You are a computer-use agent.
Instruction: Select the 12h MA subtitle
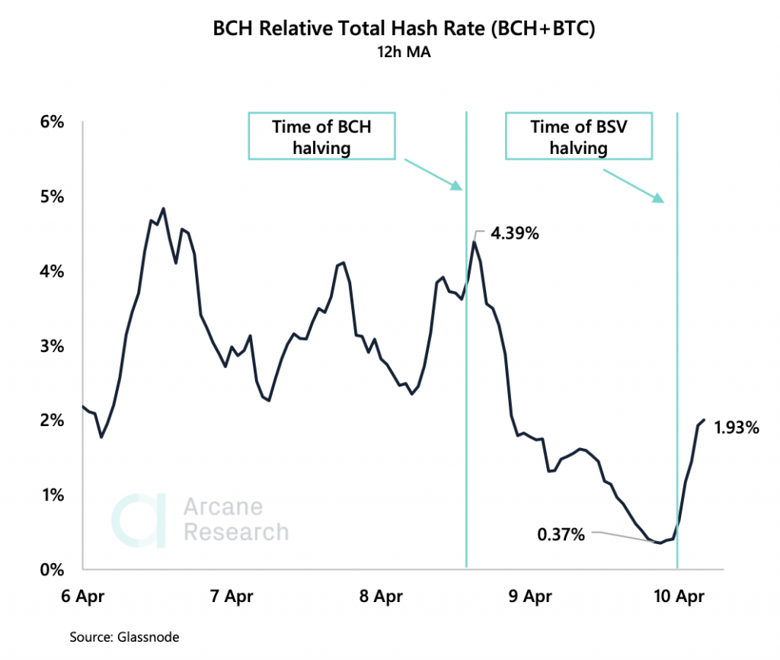[389, 53]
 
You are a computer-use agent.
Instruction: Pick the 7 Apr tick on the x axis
[230, 597]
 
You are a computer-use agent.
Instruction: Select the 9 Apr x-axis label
[528, 597]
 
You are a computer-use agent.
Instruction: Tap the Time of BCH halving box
[321, 137]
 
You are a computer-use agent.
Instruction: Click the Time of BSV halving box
[579, 137]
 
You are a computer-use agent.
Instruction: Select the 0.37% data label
[561, 535]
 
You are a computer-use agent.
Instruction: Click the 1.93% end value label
[737, 428]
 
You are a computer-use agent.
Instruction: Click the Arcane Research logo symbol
[139, 521]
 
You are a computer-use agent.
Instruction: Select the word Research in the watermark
[236, 531]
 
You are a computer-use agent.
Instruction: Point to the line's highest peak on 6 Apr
[163, 208]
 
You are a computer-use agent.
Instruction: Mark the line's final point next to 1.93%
[704, 420]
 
